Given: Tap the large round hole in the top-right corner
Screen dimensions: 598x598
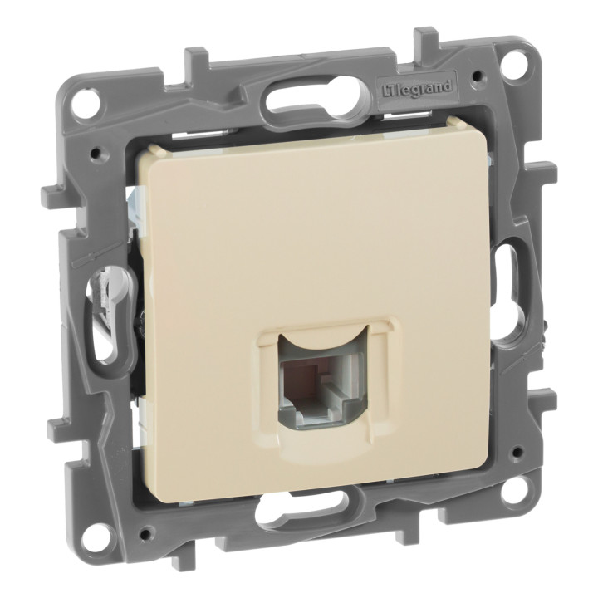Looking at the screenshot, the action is point(513,61).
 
